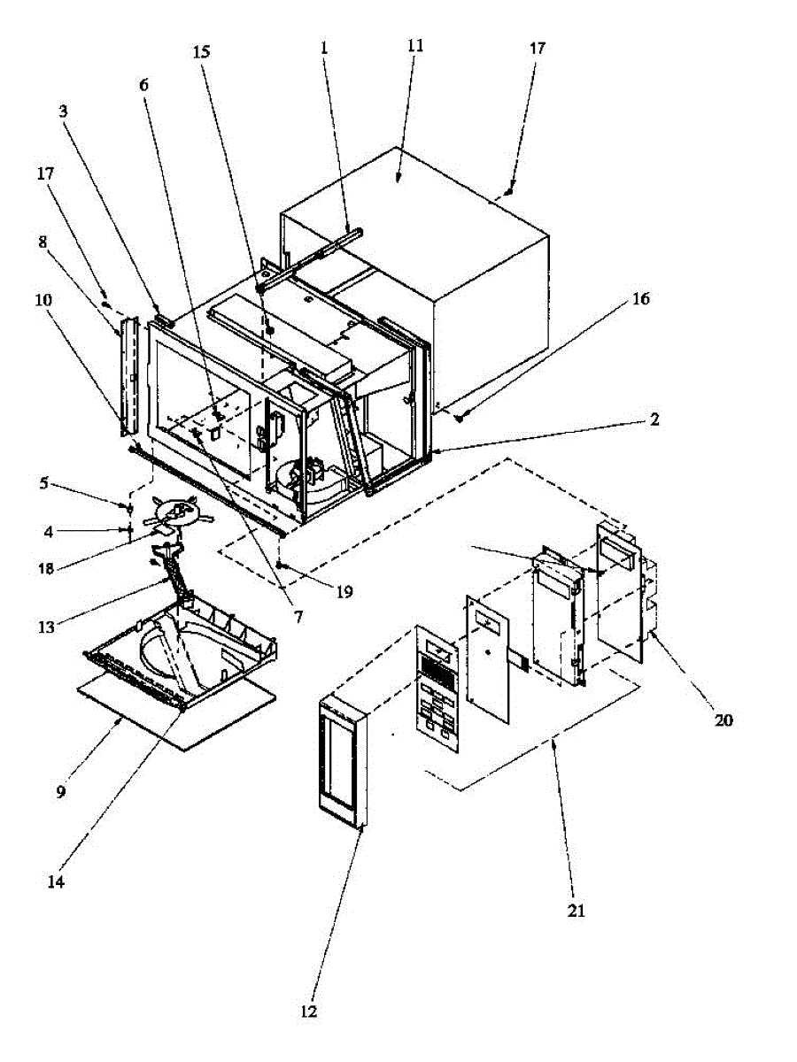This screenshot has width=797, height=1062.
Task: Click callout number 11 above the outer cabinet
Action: point(415,46)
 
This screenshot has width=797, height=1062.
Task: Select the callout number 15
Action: point(202,52)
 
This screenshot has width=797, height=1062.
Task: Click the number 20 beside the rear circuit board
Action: point(723,720)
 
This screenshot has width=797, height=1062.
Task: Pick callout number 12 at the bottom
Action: point(309,1011)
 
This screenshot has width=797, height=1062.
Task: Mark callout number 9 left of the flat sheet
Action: point(61,792)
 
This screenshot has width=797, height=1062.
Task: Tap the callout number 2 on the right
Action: point(654,419)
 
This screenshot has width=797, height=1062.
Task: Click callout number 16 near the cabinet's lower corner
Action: point(641,299)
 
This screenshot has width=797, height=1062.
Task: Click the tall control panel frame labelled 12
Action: point(341,761)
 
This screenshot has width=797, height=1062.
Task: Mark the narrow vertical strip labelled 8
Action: point(128,376)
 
